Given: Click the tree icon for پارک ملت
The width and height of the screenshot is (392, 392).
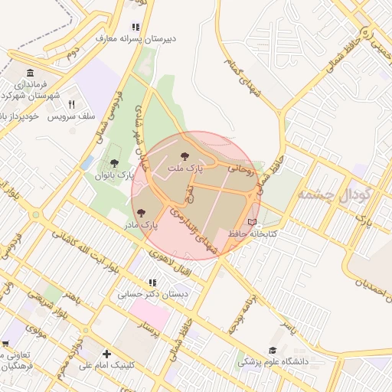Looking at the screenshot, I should (x=184, y=156).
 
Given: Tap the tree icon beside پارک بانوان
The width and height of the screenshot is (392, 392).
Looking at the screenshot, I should (x=114, y=163).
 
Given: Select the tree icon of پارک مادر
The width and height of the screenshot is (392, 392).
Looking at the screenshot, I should (x=140, y=213).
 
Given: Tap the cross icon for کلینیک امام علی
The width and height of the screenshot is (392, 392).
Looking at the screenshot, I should (x=106, y=354).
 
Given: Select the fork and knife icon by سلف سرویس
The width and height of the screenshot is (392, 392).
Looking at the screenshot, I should (x=72, y=104).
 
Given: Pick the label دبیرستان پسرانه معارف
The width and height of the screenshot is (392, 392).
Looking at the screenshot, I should (x=137, y=37).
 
